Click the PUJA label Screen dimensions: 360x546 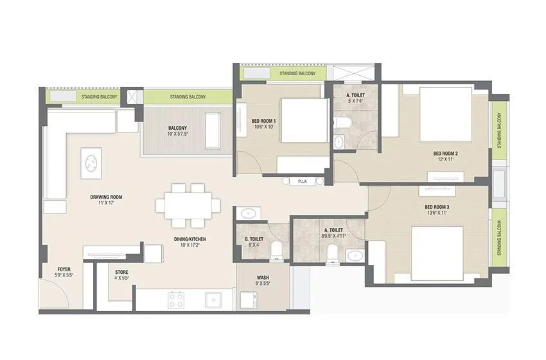click(x=301, y=182)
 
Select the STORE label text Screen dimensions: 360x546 click(x=121, y=272)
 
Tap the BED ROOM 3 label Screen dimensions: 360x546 click(x=437, y=207)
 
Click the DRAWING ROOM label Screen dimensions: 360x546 click(x=106, y=197)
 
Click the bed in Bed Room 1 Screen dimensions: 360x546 click(x=304, y=120)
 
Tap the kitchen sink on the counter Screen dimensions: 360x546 click(x=212, y=299)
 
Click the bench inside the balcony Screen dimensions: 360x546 click(x=213, y=122)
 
